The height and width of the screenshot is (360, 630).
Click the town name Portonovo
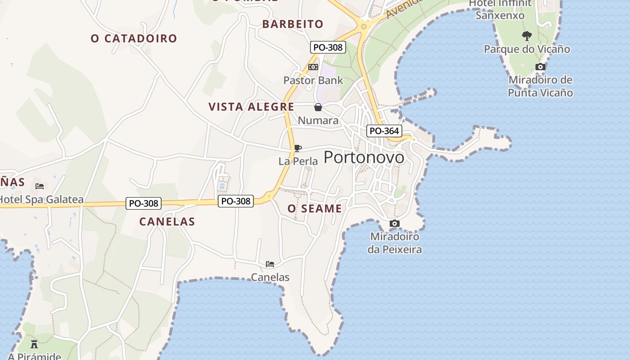coord(364,157)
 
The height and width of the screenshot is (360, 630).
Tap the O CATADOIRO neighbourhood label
coord(134,39)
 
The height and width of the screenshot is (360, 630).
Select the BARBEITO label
coord(293,24)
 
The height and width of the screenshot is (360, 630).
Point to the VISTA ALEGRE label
coord(251,107)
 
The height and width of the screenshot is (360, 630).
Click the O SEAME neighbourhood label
coord(315,209)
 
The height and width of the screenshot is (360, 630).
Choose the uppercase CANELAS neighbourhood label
coord(167,221)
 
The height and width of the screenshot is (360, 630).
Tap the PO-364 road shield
coord(383,131)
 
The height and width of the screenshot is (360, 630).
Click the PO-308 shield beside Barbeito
coord(328,47)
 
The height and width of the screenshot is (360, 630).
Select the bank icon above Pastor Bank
coord(313,67)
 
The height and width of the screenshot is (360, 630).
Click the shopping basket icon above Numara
coord(318,107)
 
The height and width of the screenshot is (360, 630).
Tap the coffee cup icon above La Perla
coord(297,148)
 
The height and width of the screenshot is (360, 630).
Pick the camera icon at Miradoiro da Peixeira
coord(394,223)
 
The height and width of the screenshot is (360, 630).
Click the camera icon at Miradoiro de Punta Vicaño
coord(540,67)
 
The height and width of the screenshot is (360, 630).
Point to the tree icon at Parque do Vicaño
coord(526,36)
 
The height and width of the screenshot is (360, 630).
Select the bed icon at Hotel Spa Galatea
coord(40,186)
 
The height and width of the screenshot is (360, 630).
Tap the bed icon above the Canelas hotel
coord(270,264)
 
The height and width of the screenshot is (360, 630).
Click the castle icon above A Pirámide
coord(34,345)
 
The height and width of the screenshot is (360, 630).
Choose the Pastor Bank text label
coord(313,81)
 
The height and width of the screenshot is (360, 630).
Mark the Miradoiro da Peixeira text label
coord(395,243)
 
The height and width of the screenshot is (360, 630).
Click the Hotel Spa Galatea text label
coord(41,199)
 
